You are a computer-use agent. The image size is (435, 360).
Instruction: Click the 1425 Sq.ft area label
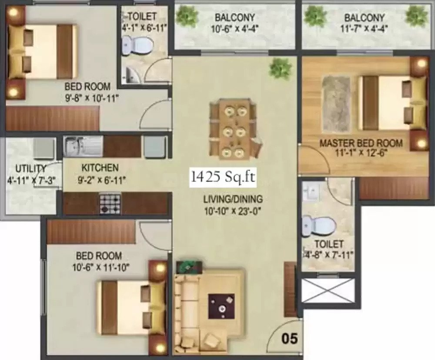coord(223,177)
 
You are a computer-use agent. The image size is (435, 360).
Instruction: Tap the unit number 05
coord(290,339)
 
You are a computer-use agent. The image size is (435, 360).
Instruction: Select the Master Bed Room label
coord(361,143)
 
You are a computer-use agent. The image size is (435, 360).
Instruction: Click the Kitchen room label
coord(100,168)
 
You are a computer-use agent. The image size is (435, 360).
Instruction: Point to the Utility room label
coord(30,169)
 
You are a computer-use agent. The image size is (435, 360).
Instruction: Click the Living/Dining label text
coord(233,199)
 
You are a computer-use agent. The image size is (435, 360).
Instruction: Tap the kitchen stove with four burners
coord(110,204)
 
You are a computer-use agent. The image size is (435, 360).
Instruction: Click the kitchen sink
coord(75,146)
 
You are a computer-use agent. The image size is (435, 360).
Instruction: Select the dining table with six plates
coord(235,129)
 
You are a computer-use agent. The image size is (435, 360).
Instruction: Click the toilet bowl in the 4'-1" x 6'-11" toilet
coord(137,45)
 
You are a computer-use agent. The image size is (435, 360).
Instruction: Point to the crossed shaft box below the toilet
coord(328,291)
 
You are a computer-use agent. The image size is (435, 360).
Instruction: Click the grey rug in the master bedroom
coord(335,103)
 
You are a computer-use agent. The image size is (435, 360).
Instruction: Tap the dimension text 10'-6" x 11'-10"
coord(101,268)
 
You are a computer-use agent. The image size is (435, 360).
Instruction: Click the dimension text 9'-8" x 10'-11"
coord(92,98)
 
